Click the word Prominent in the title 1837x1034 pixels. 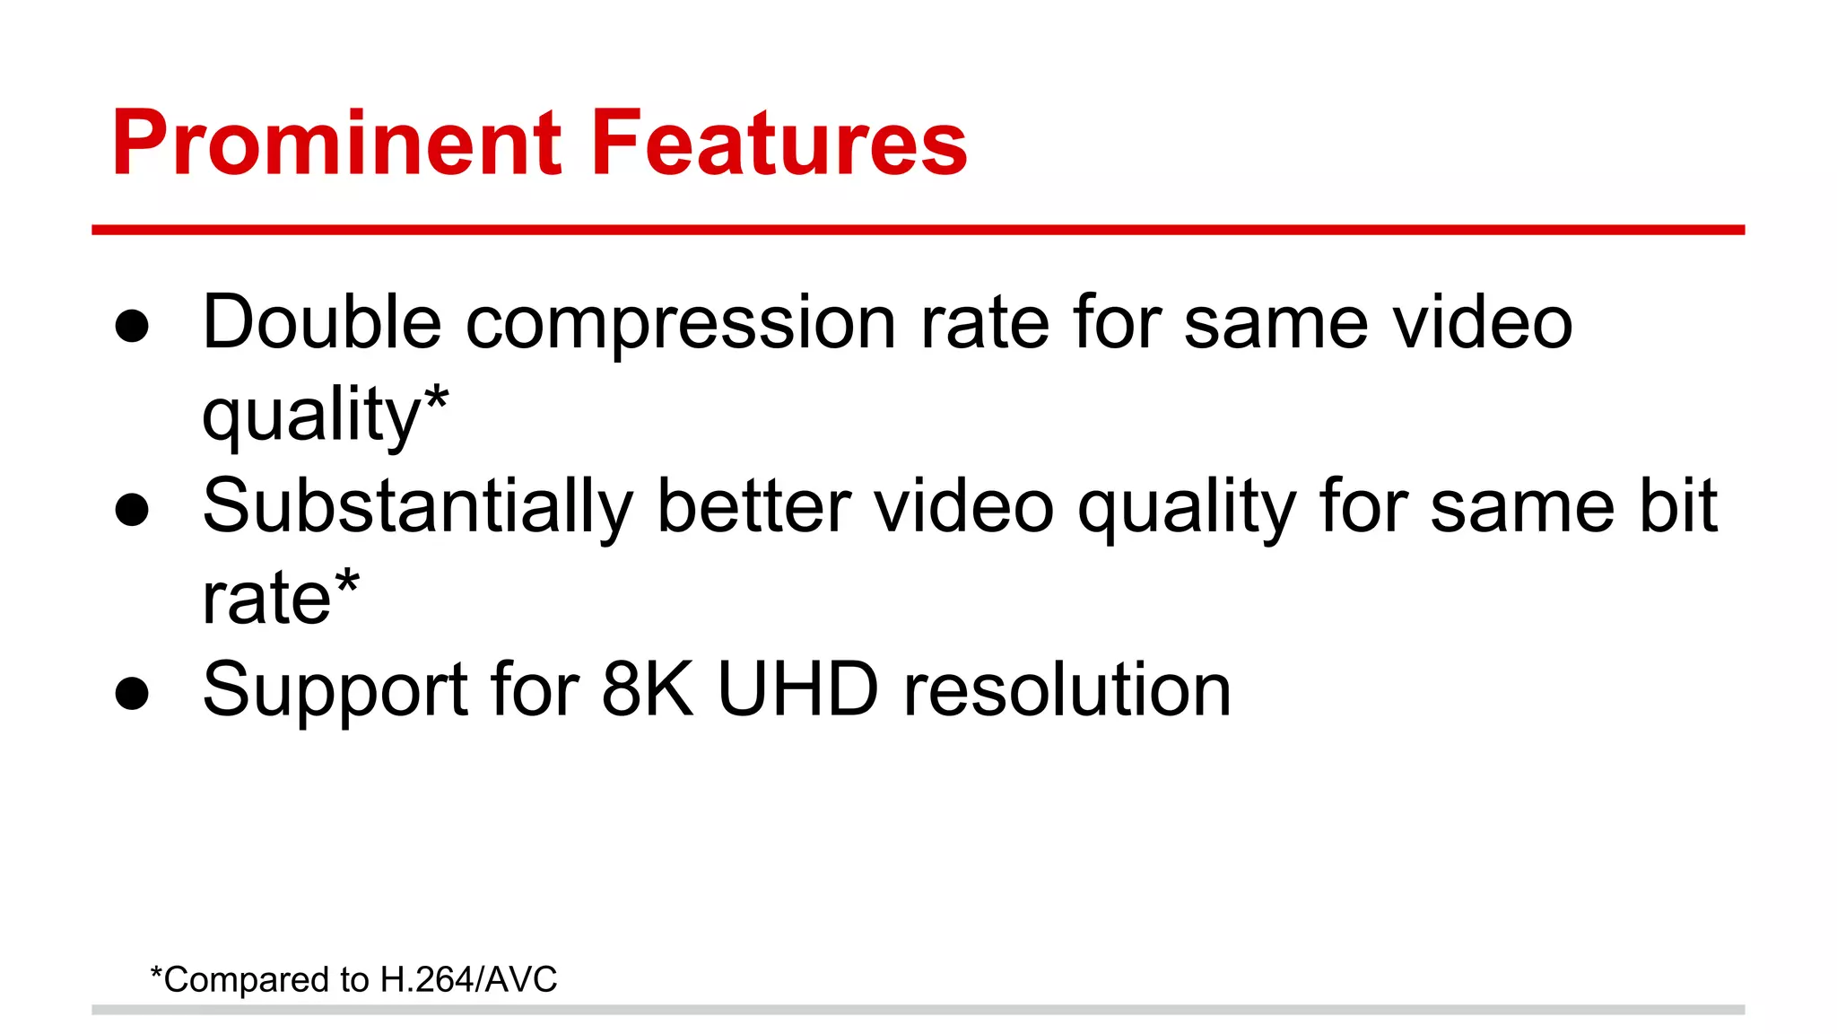pos(336,144)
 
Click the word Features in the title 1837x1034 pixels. pos(779,144)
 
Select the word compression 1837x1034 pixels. pos(681,325)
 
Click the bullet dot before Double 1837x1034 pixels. pos(132,327)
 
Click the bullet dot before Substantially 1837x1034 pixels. pos(132,510)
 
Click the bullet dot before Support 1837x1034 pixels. pos(132,694)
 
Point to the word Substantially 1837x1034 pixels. pos(418,508)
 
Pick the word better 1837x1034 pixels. pos(753,506)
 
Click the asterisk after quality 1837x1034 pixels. pos(436,399)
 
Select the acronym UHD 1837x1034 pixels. pos(797,689)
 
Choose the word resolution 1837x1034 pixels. pos(1067,689)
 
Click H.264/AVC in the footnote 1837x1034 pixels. pos(468,979)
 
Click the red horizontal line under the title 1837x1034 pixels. pos(918,230)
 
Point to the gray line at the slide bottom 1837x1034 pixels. pos(918,1010)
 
